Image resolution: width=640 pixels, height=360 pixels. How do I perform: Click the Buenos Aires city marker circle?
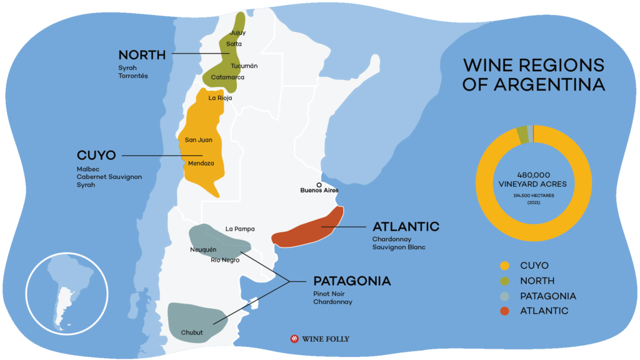coord(319,184)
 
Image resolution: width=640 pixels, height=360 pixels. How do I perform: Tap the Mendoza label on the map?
coord(201,163)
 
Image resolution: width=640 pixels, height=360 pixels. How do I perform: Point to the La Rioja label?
coord(220,98)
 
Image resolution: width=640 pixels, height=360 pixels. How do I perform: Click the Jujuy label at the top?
coord(237,32)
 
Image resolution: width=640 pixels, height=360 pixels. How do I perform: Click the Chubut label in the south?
coord(192,332)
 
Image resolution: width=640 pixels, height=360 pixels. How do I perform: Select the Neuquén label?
coord(203,249)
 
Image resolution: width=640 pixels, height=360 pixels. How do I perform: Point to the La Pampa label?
coord(240,229)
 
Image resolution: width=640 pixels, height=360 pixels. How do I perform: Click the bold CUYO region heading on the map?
coord(96,155)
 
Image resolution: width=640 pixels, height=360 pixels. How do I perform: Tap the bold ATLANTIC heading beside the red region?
coord(406,226)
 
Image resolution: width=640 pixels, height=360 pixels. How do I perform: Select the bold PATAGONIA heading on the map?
coord(352,281)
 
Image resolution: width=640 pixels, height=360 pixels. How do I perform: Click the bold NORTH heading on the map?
coord(142,55)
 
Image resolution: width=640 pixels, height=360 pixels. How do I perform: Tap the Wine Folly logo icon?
coord(294,339)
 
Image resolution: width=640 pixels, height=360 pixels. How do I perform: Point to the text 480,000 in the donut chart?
coord(533,174)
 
